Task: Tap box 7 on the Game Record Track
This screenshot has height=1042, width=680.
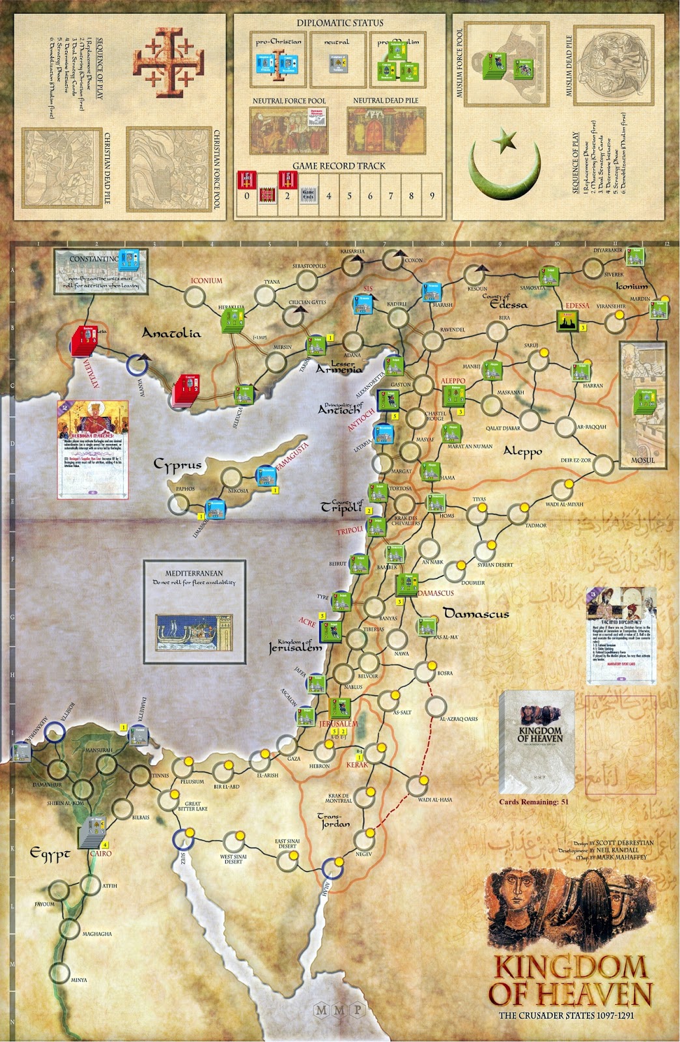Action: (x=391, y=195)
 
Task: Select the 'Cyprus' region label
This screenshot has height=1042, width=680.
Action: (x=177, y=464)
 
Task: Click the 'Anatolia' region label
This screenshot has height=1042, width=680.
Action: (x=171, y=333)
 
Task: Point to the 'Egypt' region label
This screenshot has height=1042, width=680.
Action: (x=50, y=854)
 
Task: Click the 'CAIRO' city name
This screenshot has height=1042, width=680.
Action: (x=101, y=853)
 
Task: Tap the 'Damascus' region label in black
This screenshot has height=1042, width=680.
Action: (x=476, y=613)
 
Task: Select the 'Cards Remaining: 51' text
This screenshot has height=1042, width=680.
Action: (x=533, y=802)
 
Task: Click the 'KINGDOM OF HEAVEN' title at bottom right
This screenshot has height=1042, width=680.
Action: (x=571, y=981)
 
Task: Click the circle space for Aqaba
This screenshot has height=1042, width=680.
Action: (x=332, y=867)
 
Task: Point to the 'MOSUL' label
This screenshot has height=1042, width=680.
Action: (x=642, y=460)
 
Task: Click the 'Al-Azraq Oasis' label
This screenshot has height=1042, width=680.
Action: (x=459, y=719)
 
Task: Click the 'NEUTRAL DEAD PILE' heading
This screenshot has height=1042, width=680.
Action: (x=386, y=100)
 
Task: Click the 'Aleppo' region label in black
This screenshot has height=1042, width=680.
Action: (x=522, y=451)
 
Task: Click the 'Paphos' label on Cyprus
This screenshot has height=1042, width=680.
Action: (x=185, y=488)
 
